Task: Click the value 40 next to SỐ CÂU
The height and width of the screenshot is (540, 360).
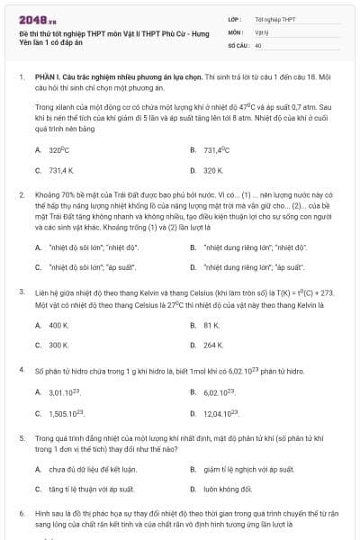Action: tap(258, 44)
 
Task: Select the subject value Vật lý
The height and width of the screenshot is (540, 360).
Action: tap(261, 31)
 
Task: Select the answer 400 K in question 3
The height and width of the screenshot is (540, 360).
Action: tap(59, 324)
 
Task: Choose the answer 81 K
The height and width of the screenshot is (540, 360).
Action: tap(211, 324)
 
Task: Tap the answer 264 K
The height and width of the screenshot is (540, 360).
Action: tap(213, 345)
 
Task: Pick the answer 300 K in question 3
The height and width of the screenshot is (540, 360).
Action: tap(59, 345)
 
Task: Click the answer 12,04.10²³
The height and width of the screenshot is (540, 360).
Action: tap(220, 412)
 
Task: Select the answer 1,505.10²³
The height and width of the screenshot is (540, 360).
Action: tap(67, 412)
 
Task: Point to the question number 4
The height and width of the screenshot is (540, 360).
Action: tap(22, 370)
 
